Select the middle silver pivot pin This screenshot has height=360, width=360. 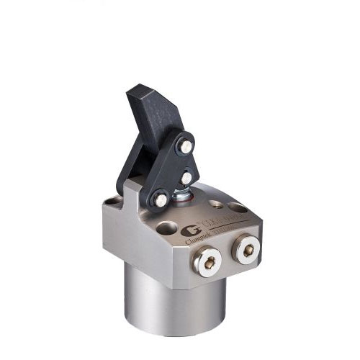click(x=186, y=176)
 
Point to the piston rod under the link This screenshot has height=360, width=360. click(x=183, y=192)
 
